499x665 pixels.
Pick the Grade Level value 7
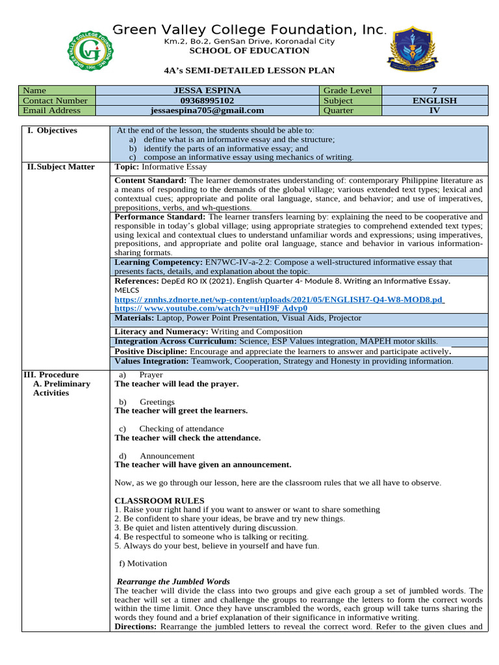click(435, 91)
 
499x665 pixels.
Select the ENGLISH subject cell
click(435, 101)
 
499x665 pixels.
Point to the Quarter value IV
click(435, 110)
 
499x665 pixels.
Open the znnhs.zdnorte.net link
click(279, 299)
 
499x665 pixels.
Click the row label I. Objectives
click(53, 131)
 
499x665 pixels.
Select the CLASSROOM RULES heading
click(159, 501)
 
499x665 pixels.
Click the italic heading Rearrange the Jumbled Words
click(173, 581)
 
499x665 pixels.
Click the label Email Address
click(51, 110)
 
